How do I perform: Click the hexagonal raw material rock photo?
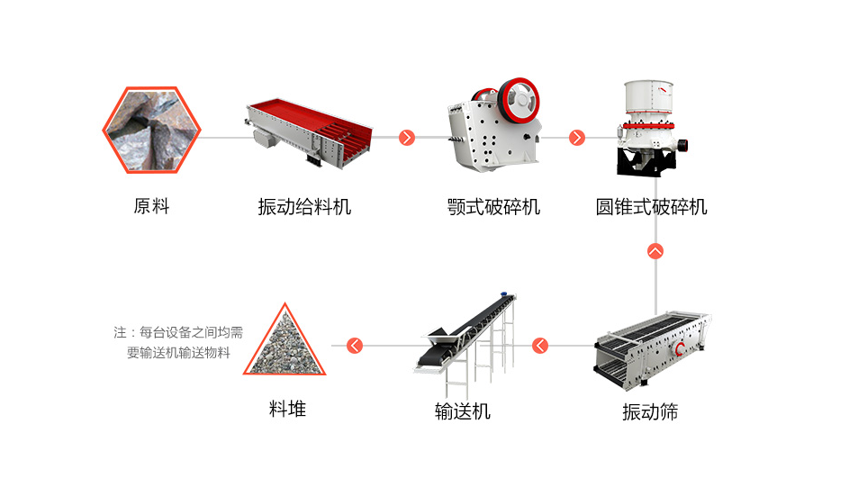click(151, 131)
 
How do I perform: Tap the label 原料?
click(151, 206)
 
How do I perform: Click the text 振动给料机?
click(304, 207)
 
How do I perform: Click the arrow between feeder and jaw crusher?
click(407, 138)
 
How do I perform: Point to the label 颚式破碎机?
click(493, 207)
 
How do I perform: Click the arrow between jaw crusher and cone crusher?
click(577, 138)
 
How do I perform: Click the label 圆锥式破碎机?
click(652, 207)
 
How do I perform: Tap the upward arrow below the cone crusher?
click(655, 251)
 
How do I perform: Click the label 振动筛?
click(650, 412)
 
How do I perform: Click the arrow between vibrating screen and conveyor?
click(540, 345)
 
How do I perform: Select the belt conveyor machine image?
click(466, 338)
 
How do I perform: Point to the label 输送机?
click(463, 411)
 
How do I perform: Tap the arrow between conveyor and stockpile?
click(355, 345)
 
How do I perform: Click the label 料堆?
click(287, 410)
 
